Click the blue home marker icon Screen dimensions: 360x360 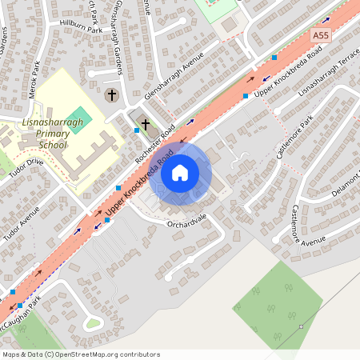(x=180, y=172)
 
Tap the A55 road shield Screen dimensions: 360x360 (x=322, y=36)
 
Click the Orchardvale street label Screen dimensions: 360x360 (x=186, y=221)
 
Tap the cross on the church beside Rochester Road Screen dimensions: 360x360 (x=145, y=125)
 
